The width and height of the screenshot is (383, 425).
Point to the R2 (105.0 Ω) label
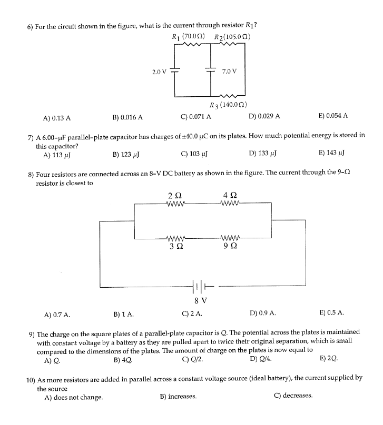click(x=232, y=37)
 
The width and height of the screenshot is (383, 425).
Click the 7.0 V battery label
click(x=230, y=71)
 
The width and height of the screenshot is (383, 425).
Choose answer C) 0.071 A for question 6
click(x=195, y=117)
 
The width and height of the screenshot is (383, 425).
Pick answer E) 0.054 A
click(x=333, y=116)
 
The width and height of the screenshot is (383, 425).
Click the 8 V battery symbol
click(x=201, y=287)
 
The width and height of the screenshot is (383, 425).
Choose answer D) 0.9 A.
click(x=262, y=315)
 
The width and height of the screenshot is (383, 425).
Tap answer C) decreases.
click(x=293, y=396)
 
